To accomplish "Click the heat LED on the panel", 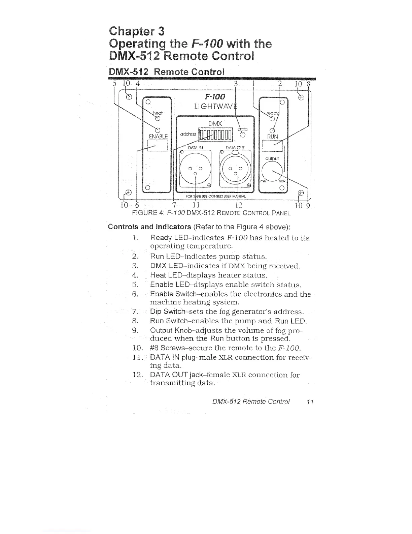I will tap(157, 118).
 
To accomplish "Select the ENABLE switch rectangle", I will tap(158, 146).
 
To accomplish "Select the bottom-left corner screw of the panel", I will tap(128, 193).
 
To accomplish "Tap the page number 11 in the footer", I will tap(310, 402).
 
